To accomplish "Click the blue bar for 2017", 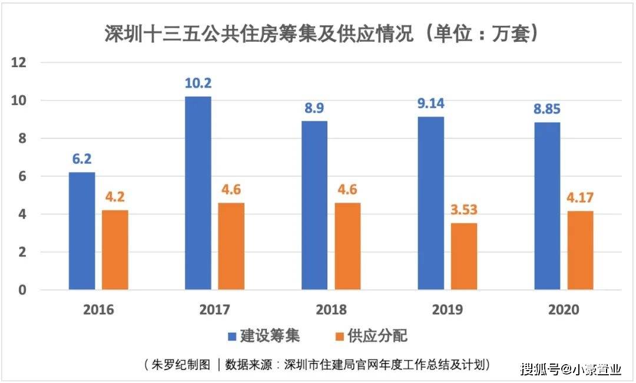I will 198,193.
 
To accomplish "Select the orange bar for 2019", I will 464,256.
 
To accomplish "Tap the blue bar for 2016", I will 81,231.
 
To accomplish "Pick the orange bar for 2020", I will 580,250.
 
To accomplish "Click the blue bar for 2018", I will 314,206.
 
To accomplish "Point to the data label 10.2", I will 198,83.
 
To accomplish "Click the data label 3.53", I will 464,210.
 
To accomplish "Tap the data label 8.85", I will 547,109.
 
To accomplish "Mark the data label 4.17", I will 580,197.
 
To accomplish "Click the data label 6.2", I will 81,159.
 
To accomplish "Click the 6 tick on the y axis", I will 22,176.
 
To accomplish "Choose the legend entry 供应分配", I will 370,336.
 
